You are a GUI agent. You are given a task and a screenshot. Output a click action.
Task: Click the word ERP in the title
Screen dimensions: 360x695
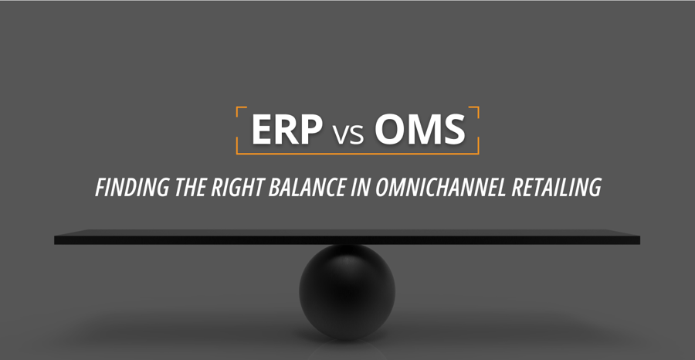tap(286, 131)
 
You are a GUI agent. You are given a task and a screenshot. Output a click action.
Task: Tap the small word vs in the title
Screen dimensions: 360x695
tap(347, 134)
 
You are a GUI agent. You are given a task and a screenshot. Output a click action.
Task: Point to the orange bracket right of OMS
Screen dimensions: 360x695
tap(477, 130)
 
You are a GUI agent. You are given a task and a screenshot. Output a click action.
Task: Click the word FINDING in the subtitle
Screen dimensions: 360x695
tap(127, 187)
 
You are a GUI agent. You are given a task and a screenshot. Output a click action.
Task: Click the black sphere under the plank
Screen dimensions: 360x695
tap(347, 289)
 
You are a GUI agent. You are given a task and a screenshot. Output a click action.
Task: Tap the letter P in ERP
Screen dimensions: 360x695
tap(309, 131)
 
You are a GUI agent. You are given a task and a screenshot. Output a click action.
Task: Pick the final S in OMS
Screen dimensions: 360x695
tap(453, 131)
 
